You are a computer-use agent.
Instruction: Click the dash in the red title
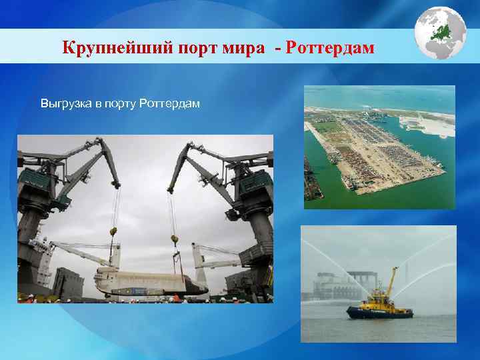click(x=277, y=48)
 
